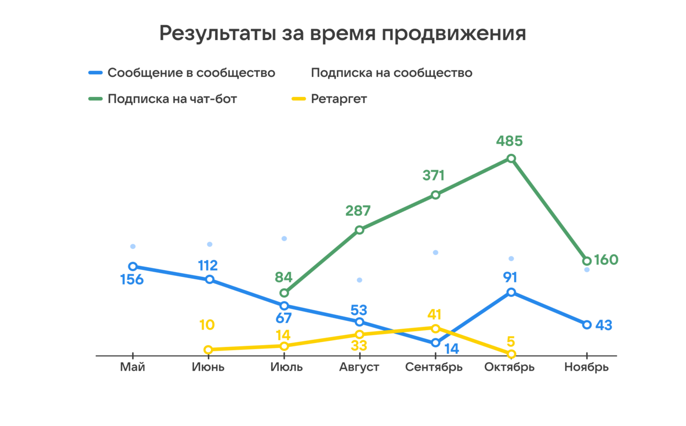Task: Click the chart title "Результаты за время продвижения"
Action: [342, 33]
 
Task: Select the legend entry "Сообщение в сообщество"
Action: [191, 73]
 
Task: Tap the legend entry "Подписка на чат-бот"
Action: [172, 99]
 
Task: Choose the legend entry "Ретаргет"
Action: [339, 99]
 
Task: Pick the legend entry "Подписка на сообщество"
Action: [392, 73]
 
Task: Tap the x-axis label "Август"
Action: [359, 368]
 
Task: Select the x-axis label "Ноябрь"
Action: [587, 368]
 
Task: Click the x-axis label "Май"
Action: [133, 368]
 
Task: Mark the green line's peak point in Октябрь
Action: [511, 158]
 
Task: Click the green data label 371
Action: [434, 175]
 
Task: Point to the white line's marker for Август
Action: [359, 280]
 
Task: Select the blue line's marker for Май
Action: [133, 266]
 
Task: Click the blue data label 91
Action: [510, 277]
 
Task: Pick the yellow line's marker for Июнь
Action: [208, 350]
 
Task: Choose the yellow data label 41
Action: [435, 314]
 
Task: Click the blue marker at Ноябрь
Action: [587, 324]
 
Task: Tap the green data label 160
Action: [606, 260]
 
